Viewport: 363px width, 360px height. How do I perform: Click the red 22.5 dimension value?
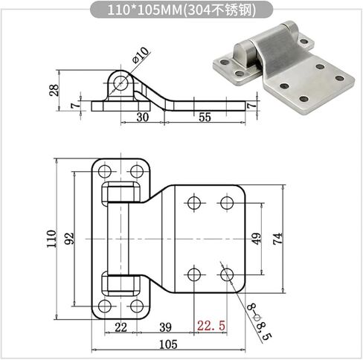click(x=211, y=326)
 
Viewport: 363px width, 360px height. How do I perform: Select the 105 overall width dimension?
click(x=168, y=344)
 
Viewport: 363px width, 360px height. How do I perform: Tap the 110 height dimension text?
click(x=51, y=239)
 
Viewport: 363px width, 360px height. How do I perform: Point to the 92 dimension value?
click(x=69, y=238)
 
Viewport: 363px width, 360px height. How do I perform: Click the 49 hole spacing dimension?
click(x=257, y=239)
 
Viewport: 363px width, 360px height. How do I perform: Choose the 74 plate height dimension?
click(x=277, y=239)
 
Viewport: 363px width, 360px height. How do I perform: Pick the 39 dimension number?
click(x=165, y=327)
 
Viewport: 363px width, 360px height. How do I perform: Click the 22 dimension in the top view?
click(x=121, y=327)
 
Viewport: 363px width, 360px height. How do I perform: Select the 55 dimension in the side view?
click(x=205, y=117)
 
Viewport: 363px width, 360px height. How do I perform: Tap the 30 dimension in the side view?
click(x=143, y=117)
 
